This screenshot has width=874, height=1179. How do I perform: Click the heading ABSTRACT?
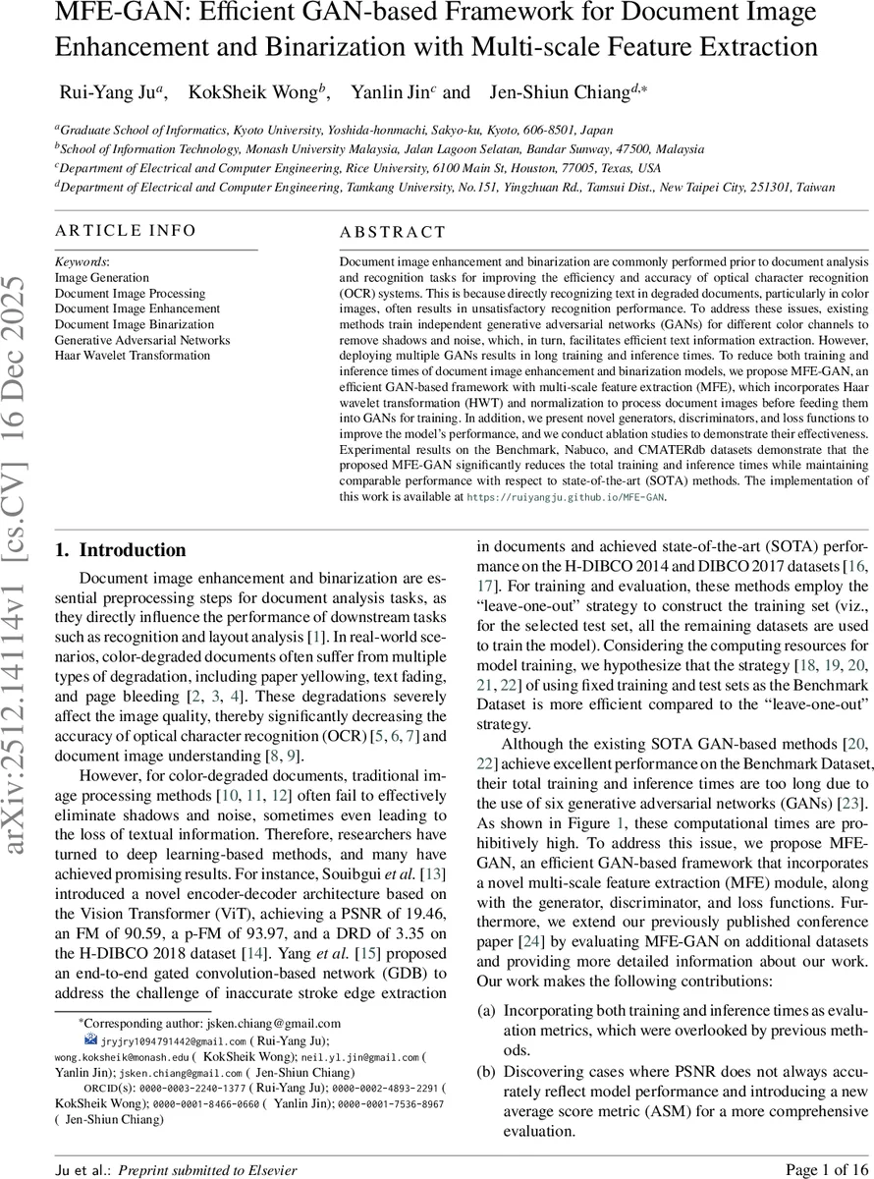point(392,233)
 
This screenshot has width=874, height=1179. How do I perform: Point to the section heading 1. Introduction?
point(120,550)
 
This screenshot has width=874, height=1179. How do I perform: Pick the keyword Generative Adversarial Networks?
point(142,340)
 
